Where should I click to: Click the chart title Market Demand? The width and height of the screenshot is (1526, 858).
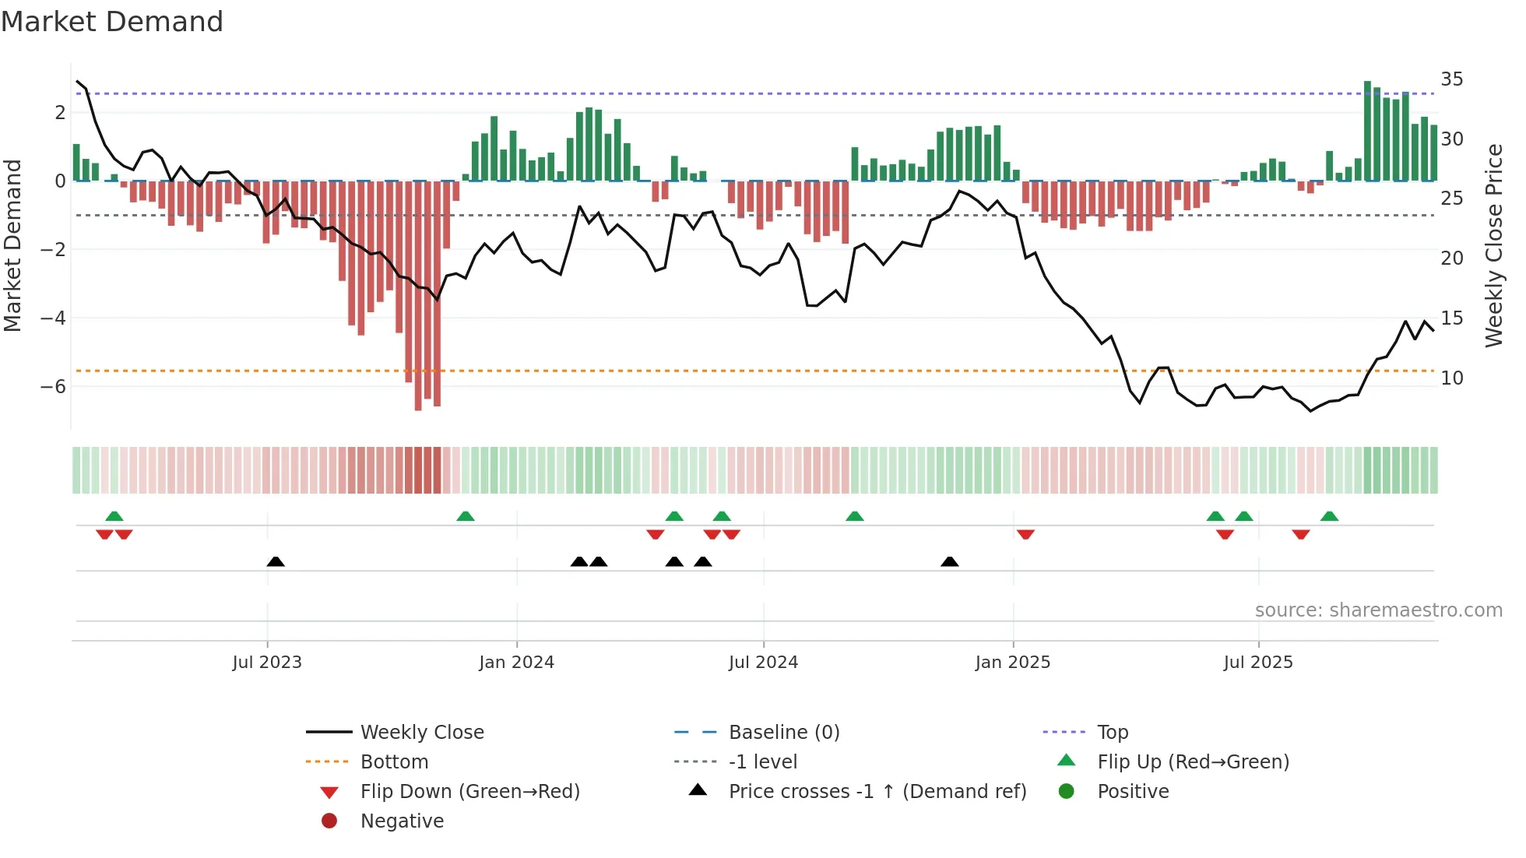[112, 22]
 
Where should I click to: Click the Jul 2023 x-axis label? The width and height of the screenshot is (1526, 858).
[267, 663]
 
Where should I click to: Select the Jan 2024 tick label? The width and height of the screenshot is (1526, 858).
[516, 663]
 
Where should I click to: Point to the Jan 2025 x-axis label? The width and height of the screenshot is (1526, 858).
[1012, 663]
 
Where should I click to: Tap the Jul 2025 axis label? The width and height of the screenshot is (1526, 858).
[1257, 663]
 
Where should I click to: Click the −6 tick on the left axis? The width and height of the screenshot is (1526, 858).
[53, 387]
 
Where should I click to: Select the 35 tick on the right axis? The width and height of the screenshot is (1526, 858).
[1451, 79]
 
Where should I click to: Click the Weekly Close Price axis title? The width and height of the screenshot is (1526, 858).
[1493, 245]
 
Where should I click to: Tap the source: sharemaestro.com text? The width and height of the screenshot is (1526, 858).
[1378, 610]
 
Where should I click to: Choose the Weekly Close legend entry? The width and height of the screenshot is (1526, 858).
[421, 733]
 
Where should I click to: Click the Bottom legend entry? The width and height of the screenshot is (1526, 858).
[394, 762]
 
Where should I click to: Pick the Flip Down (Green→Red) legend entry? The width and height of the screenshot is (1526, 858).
[469, 792]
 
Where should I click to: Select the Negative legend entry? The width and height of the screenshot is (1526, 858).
[402, 821]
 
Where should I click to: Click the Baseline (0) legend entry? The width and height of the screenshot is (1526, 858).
[783, 733]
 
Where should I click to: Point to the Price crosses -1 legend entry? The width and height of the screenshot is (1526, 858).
[877, 792]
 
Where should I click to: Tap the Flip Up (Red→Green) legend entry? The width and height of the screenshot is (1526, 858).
[1193, 762]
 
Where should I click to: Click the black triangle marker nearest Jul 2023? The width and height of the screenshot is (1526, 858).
[276, 562]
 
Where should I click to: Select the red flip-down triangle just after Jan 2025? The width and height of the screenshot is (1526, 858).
[1025, 534]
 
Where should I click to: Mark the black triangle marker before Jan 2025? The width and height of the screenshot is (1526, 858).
[949, 562]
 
